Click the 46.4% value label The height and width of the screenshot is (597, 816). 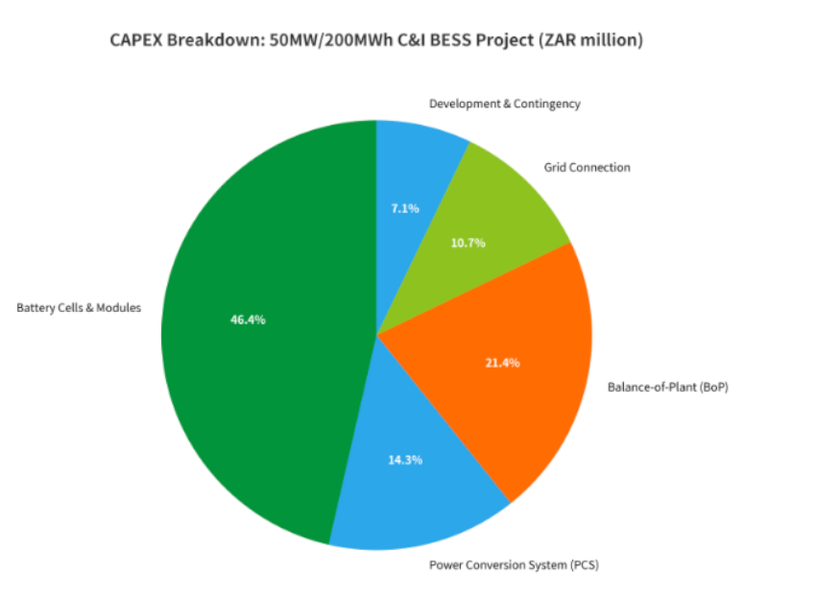[x=248, y=320]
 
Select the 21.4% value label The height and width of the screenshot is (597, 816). [x=502, y=363]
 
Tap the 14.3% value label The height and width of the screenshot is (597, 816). [x=405, y=460]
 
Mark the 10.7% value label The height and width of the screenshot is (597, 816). [x=468, y=243]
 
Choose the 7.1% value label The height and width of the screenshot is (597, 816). [x=405, y=207]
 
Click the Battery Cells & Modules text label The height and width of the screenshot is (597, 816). [x=79, y=308]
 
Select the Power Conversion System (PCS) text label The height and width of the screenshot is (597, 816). [x=514, y=564]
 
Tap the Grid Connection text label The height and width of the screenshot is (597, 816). [x=587, y=167]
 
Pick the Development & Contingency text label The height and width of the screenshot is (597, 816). [x=505, y=104]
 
